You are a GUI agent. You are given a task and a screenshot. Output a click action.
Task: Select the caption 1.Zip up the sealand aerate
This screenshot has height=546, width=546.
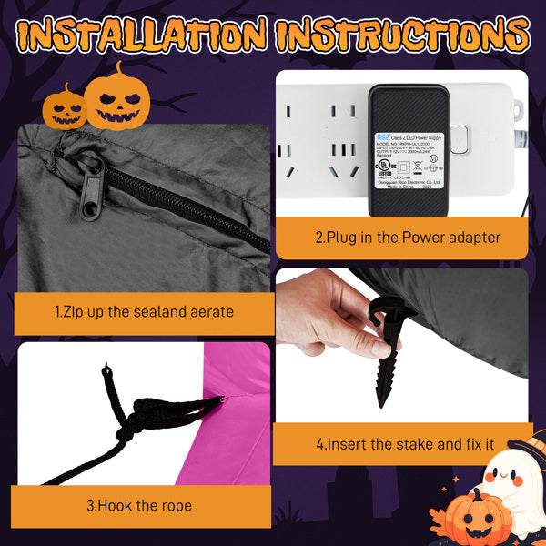pos(144,312)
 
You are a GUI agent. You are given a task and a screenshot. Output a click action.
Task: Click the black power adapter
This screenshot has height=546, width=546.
pos(407,150)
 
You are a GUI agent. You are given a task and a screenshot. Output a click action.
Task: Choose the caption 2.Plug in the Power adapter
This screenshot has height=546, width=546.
pos(408,238)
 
